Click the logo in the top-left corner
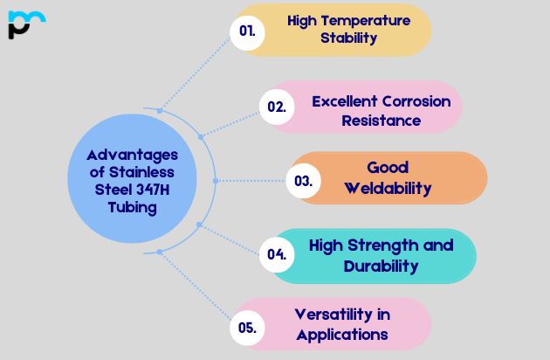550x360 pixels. (25, 24)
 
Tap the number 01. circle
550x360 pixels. (248, 31)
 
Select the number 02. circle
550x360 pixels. (277, 107)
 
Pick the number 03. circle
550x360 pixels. (303, 181)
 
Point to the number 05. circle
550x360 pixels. (247, 328)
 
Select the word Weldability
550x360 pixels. (388, 188)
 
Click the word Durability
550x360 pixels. (381, 266)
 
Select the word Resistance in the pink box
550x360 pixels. (381, 121)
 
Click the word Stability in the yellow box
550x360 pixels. (348, 38)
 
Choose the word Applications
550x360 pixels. (342, 334)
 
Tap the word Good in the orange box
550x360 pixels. (388, 168)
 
